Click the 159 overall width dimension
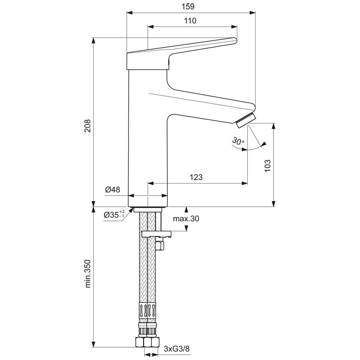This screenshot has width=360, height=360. click(x=188, y=6)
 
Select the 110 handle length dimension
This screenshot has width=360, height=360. click(x=190, y=21)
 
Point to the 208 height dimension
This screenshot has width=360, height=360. click(x=87, y=126)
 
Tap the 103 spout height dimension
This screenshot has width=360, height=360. click(x=267, y=166)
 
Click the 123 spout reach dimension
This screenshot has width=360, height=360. click(x=196, y=177)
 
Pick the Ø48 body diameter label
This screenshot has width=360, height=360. click(x=112, y=190)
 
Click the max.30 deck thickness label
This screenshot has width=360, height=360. click(x=186, y=219)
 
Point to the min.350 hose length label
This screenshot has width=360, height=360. click(x=88, y=274)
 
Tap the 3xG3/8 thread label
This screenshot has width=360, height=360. click(x=177, y=349)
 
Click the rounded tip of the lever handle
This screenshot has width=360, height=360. click(x=235, y=41)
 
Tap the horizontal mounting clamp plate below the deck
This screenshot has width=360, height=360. click(x=157, y=234)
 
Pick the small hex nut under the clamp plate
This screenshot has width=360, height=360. click(x=159, y=244)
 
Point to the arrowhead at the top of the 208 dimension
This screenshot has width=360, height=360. click(x=94, y=41)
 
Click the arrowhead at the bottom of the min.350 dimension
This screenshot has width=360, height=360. click(x=94, y=344)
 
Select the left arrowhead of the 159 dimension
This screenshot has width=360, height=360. click(x=130, y=13)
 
